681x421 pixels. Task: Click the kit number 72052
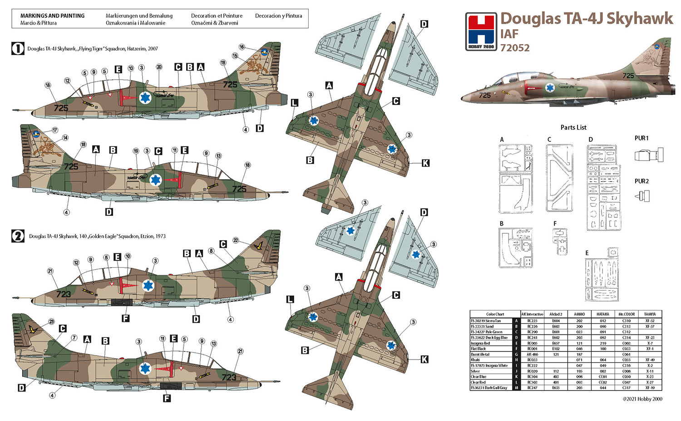click(x=515, y=48)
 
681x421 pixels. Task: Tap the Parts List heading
click(x=573, y=127)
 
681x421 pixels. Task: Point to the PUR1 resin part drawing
click(x=649, y=155)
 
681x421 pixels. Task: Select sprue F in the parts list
click(x=559, y=241)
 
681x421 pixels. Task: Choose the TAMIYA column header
click(x=650, y=314)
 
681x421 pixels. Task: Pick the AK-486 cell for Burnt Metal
click(x=532, y=354)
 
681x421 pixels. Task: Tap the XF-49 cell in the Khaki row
click(x=650, y=360)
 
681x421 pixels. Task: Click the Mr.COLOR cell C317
click(x=627, y=388)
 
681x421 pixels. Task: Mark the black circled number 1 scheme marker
click(x=18, y=49)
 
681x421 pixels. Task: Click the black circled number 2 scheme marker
click(x=18, y=236)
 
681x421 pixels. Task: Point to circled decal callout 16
click(x=242, y=47)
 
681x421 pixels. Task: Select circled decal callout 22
click(x=236, y=240)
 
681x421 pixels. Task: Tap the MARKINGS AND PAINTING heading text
click(x=52, y=15)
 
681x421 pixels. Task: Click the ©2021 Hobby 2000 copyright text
click(x=642, y=399)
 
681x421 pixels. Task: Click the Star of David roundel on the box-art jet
click(x=550, y=88)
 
